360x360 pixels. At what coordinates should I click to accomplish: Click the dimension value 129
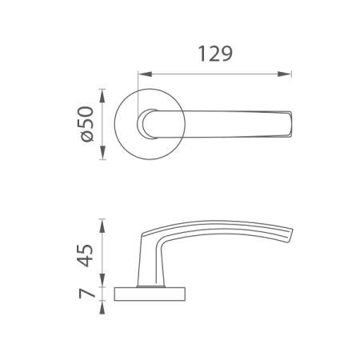215,54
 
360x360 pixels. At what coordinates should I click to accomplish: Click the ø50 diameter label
86,124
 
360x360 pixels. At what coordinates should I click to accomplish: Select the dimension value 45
86,255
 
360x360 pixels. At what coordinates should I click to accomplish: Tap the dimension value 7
87,294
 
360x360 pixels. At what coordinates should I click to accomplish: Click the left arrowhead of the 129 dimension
145,74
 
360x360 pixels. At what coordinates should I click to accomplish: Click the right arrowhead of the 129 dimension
284,74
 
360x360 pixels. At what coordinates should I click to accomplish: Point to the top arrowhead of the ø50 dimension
102,96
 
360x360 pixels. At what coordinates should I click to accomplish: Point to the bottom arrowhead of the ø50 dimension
102,153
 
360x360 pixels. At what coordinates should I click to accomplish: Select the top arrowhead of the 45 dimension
102,226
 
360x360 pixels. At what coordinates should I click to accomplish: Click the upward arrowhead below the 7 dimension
102,307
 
